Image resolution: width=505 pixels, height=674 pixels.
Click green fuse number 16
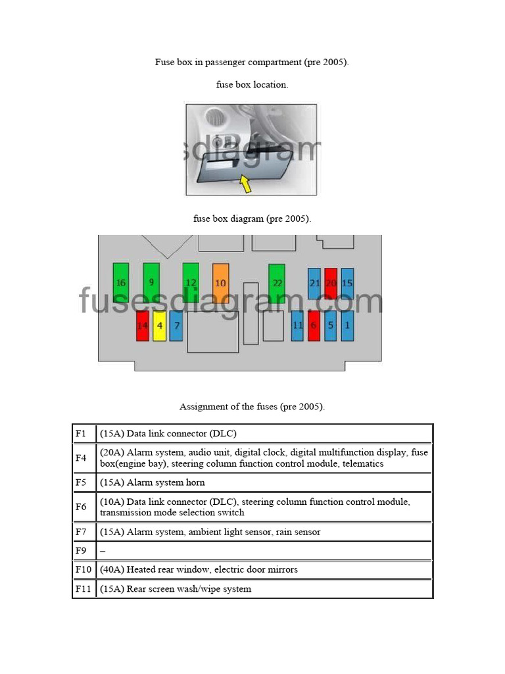point(121,282)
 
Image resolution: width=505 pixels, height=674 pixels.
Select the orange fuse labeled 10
point(221,282)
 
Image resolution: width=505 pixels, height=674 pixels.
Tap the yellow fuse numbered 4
point(159,326)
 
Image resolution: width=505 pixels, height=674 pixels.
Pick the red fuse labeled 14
point(143,326)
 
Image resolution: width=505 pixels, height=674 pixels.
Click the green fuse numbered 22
point(277,282)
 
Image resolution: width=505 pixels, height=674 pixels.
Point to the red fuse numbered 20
point(331,283)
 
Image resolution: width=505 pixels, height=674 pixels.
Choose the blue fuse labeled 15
point(347,283)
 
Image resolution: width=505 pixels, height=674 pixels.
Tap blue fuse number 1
point(347,325)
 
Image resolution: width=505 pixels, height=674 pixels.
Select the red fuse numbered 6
point(314,325)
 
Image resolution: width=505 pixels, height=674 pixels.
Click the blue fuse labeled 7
point(176,325)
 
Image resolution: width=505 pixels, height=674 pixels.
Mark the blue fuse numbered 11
point(297,325)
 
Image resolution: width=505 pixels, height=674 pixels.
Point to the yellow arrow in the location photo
point(245,184)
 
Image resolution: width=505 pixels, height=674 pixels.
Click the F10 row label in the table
point(84,569)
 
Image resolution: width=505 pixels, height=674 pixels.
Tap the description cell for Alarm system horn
point(264,482)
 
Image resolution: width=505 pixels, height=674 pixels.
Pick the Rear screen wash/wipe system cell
point(264,589)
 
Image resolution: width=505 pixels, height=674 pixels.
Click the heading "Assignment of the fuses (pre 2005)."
point(252,407)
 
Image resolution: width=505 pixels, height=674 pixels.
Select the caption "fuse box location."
point(252,85)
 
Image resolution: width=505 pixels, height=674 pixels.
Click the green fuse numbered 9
point(151,282)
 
